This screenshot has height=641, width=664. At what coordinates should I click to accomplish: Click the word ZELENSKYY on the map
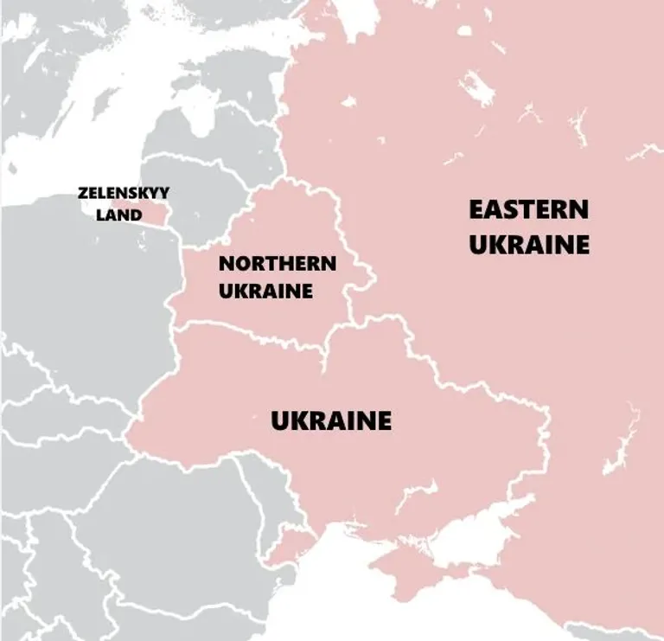(x=124, y=194)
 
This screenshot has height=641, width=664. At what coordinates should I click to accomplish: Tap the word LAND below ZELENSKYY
(x=118, y=215)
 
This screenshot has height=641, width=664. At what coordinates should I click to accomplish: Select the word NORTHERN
(x=277, y=264)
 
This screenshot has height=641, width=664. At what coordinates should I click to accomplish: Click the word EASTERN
(x=528, y=210)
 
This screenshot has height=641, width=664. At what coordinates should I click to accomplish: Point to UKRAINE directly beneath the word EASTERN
(x=528, y=244)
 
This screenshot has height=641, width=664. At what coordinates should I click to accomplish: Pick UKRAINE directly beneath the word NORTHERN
(x=265, y=291)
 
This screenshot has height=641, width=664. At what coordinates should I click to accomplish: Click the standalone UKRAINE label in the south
(x=331, y=421)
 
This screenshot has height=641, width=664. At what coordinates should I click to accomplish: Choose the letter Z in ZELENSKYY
(x=81, y=194)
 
